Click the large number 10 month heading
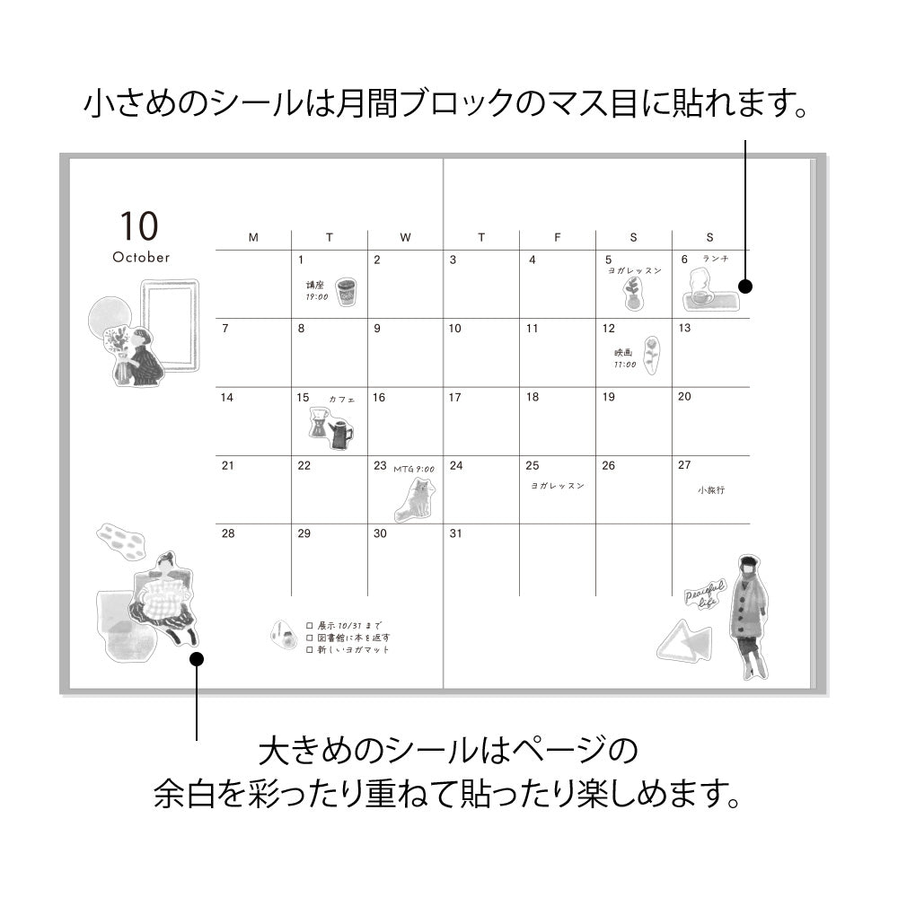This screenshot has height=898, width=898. (138, 225)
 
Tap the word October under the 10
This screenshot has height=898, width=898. (141, 258)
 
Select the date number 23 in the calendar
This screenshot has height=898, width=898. (380, 465)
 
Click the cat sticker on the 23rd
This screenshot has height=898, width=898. (415, 499)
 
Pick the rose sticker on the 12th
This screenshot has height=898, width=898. (651, 356)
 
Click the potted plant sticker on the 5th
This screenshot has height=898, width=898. (634, 293)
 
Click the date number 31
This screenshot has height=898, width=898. (455, 533)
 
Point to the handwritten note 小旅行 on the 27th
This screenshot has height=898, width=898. (710, 490)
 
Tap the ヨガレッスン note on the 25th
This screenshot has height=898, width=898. (558, 486)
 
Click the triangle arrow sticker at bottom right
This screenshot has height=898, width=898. (683, 643)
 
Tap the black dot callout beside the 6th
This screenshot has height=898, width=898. (744, 286)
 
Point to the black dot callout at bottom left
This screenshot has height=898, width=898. (198, 660)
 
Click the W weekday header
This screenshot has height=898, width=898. (405, 237)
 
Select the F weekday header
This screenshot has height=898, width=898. (558, 237)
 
